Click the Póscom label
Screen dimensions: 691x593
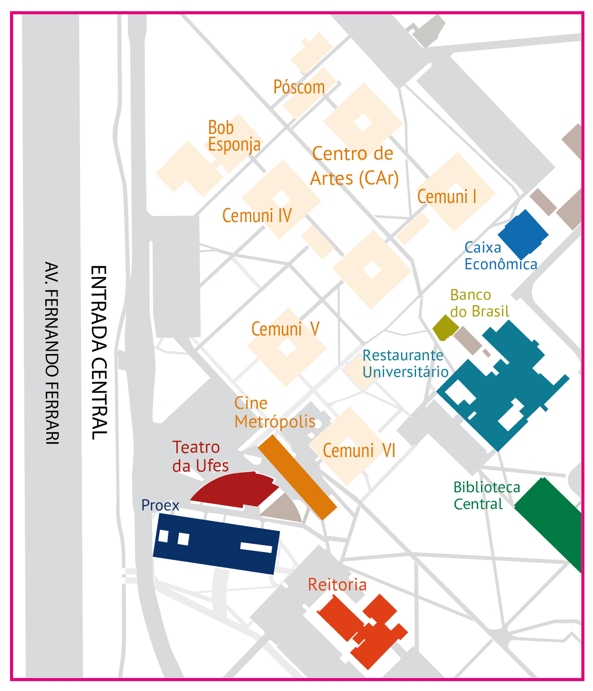299,87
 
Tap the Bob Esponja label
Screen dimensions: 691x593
234,136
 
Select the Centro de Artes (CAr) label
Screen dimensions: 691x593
354,166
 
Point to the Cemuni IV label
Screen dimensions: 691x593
257,216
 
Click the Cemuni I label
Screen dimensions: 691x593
447,197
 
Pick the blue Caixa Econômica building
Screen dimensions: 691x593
523,234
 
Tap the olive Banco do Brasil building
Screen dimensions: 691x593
445,327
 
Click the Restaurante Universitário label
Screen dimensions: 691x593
405,364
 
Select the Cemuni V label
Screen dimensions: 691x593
285,329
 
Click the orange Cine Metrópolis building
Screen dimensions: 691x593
297,477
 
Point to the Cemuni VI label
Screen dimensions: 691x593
359,451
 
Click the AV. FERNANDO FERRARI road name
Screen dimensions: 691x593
51,353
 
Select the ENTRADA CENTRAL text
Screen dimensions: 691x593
99,353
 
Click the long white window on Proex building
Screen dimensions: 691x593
256,547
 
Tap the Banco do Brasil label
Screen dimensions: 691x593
480,303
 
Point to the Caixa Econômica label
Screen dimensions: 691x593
501,256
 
